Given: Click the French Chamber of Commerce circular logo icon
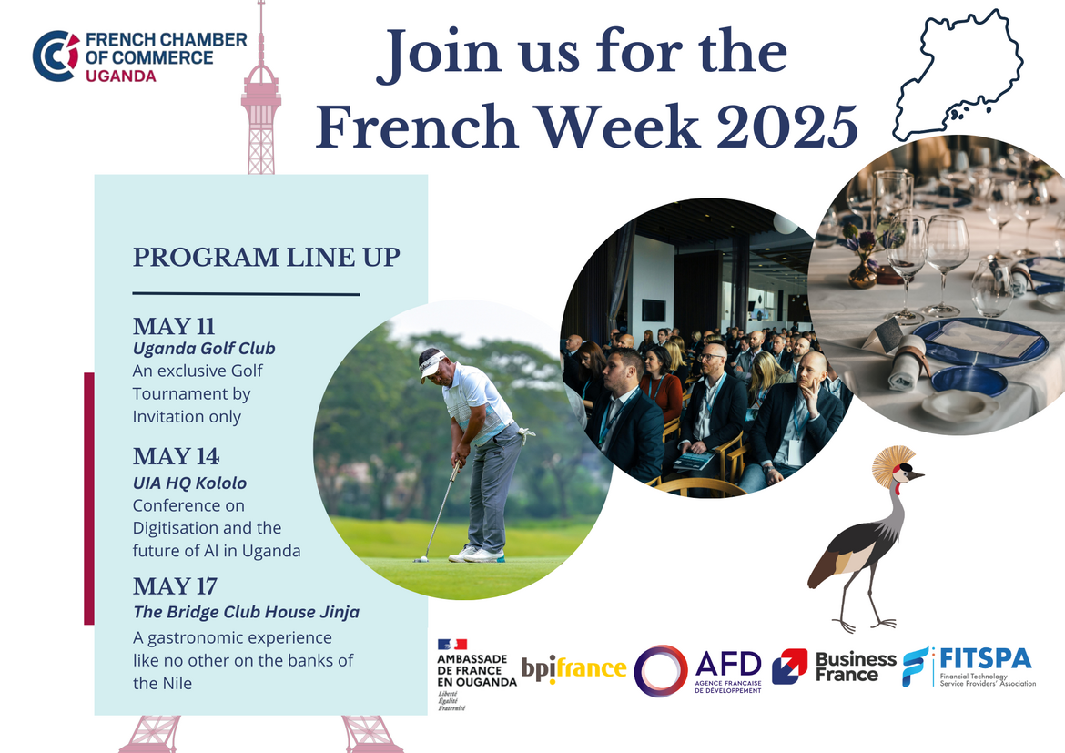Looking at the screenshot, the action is coord(56,56).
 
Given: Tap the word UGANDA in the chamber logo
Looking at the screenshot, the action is coord(121,76).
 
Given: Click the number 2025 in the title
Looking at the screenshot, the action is coord(787,127).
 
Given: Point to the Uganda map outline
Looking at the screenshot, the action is coord(958,75).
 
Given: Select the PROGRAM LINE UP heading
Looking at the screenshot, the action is coord(266,257).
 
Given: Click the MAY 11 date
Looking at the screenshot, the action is coord(173,326).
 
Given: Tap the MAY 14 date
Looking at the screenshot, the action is coord(176,456).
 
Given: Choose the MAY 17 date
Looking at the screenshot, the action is coord(175,585).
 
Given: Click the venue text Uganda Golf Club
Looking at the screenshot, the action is coord(204,349).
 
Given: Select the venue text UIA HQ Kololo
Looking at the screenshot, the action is coord(189,483).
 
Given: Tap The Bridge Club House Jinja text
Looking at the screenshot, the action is coord(246,612).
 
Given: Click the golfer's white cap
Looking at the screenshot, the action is coord(432,361).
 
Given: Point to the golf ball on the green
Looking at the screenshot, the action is coord(422,559).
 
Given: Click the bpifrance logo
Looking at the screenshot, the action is coord(574,669).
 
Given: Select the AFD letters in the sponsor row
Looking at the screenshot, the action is coord(728,663).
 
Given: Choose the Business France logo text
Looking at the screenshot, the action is coord(855,667).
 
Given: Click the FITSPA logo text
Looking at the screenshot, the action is coord(986,658).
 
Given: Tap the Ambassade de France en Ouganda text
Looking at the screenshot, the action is coord(477,670).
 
